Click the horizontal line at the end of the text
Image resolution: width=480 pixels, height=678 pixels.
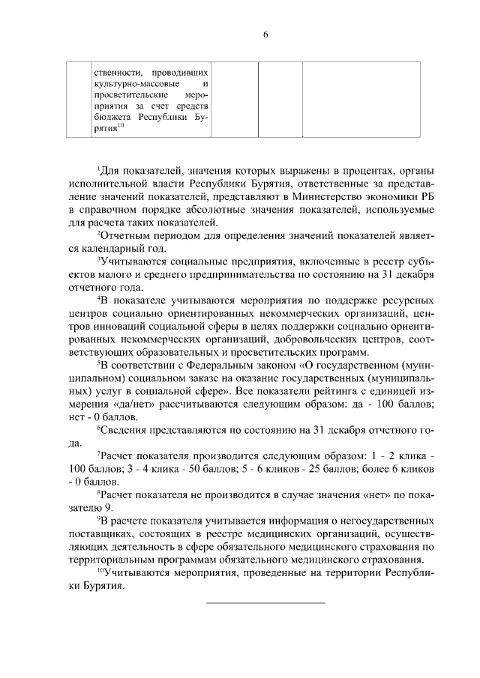click(265, 602)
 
